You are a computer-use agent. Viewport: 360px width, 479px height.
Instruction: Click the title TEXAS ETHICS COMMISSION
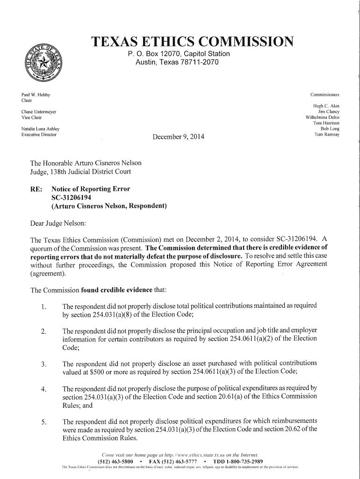click(193, 43)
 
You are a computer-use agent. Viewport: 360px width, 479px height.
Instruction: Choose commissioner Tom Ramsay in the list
click(327, 134)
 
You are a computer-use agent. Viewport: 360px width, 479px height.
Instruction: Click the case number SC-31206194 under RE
click(74, 197)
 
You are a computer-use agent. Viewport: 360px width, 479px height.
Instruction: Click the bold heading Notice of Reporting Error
click(91, 189)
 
